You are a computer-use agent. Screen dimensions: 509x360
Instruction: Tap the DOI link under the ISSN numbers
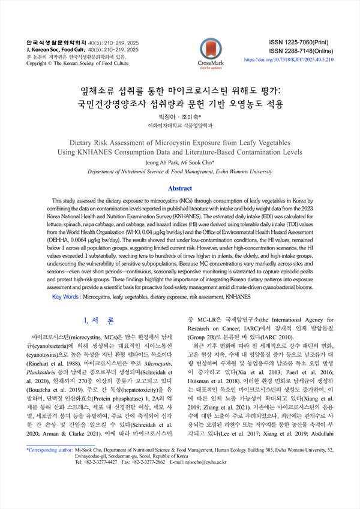[289, 61]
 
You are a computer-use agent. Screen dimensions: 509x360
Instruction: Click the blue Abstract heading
[179, 188]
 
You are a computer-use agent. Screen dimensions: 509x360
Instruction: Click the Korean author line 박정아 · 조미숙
[179, 116]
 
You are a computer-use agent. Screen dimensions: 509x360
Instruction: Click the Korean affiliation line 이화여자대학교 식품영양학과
[179, 126]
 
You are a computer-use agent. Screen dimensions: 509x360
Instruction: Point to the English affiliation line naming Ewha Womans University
[179, 171]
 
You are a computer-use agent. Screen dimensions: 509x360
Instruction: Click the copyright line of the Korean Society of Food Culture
[77, 63]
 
